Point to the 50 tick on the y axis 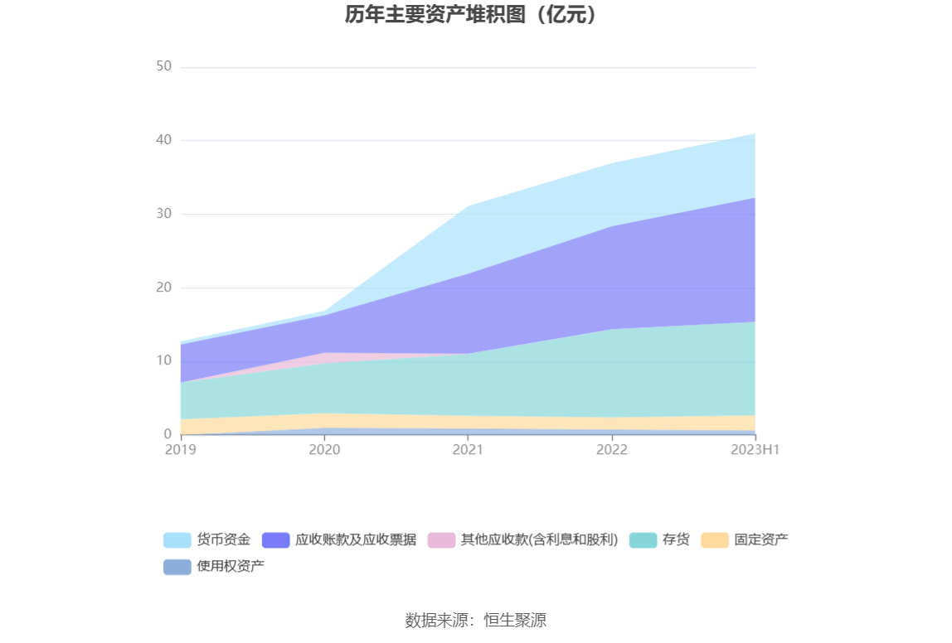(163, 66)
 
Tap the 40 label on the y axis (163, 140)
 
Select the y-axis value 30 (163, 214)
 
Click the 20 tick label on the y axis (163, 288)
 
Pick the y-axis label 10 (163, 360)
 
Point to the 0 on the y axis (168, 434)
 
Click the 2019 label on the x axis (181, 449)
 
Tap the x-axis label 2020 (324, 449)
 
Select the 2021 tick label (468, 449)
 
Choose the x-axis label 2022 (612, 449)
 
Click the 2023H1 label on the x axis (755, 449)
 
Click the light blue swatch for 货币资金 (177, 540)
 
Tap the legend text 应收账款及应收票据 (356, 540)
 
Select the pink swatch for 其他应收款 (441, 540)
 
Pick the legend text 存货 (676, 540)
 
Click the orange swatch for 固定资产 (714, 540)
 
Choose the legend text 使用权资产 (231, 567)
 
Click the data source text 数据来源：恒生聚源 (475, 620)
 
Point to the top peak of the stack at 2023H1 (755, 133)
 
